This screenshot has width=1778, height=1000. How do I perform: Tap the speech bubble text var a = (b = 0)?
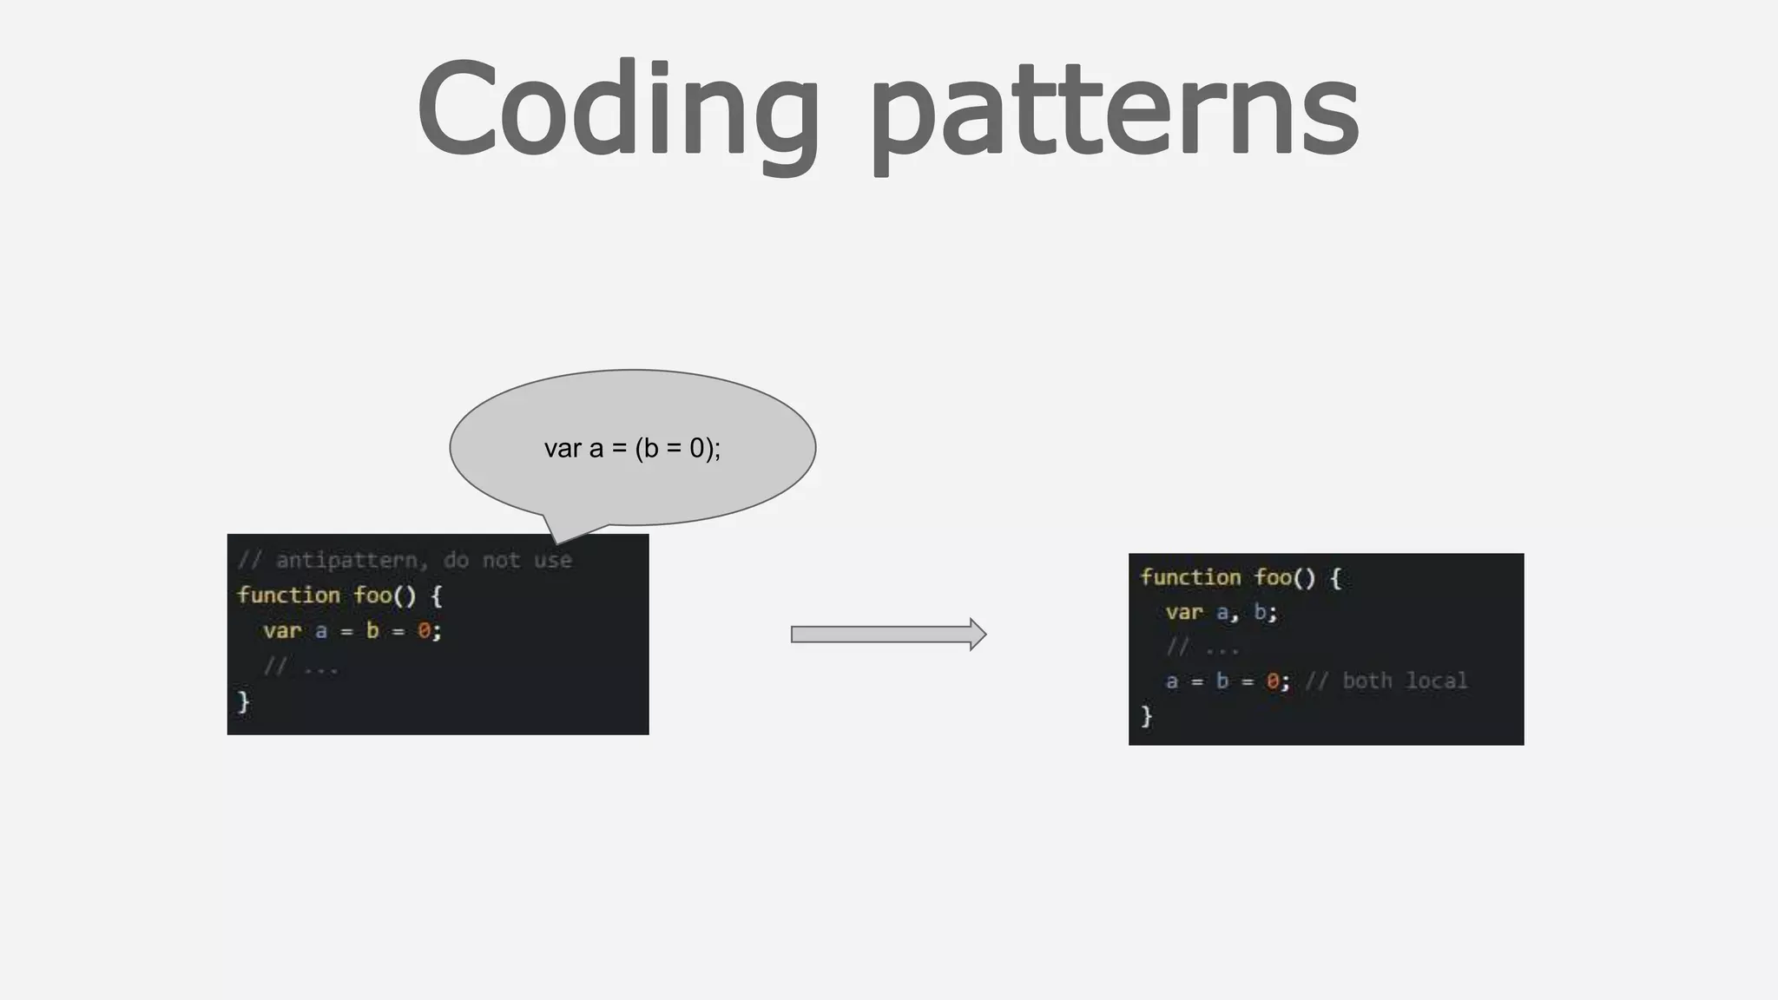click(x=632, y=448)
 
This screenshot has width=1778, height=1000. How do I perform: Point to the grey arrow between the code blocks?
click(x=887, y=635)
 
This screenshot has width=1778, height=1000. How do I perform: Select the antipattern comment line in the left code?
click(x=405, y=561)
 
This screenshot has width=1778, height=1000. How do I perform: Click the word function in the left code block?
click(x=288, y=595)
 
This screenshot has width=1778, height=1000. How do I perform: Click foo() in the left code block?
click(x=385, y=595)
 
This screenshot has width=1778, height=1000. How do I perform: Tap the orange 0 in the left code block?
click(x=424, y=631)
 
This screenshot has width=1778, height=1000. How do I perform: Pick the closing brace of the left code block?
click(x=244, y=701)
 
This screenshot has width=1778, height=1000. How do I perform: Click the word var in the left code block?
click(x=282, y=631)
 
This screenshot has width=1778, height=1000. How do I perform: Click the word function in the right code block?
click(x=1190, y=578)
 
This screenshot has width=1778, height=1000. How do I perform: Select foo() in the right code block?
click(x=1286, y=578)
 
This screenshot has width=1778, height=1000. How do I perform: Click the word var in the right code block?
click(x=1184, y=613)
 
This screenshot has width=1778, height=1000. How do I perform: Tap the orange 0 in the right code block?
click(x=1273, y=681)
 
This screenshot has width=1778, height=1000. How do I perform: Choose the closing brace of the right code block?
click(x=1146, y=716)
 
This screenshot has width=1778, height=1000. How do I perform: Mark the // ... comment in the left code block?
click(x=300, y=667)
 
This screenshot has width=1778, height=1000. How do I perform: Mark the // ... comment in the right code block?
click(x=1202, y=648)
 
